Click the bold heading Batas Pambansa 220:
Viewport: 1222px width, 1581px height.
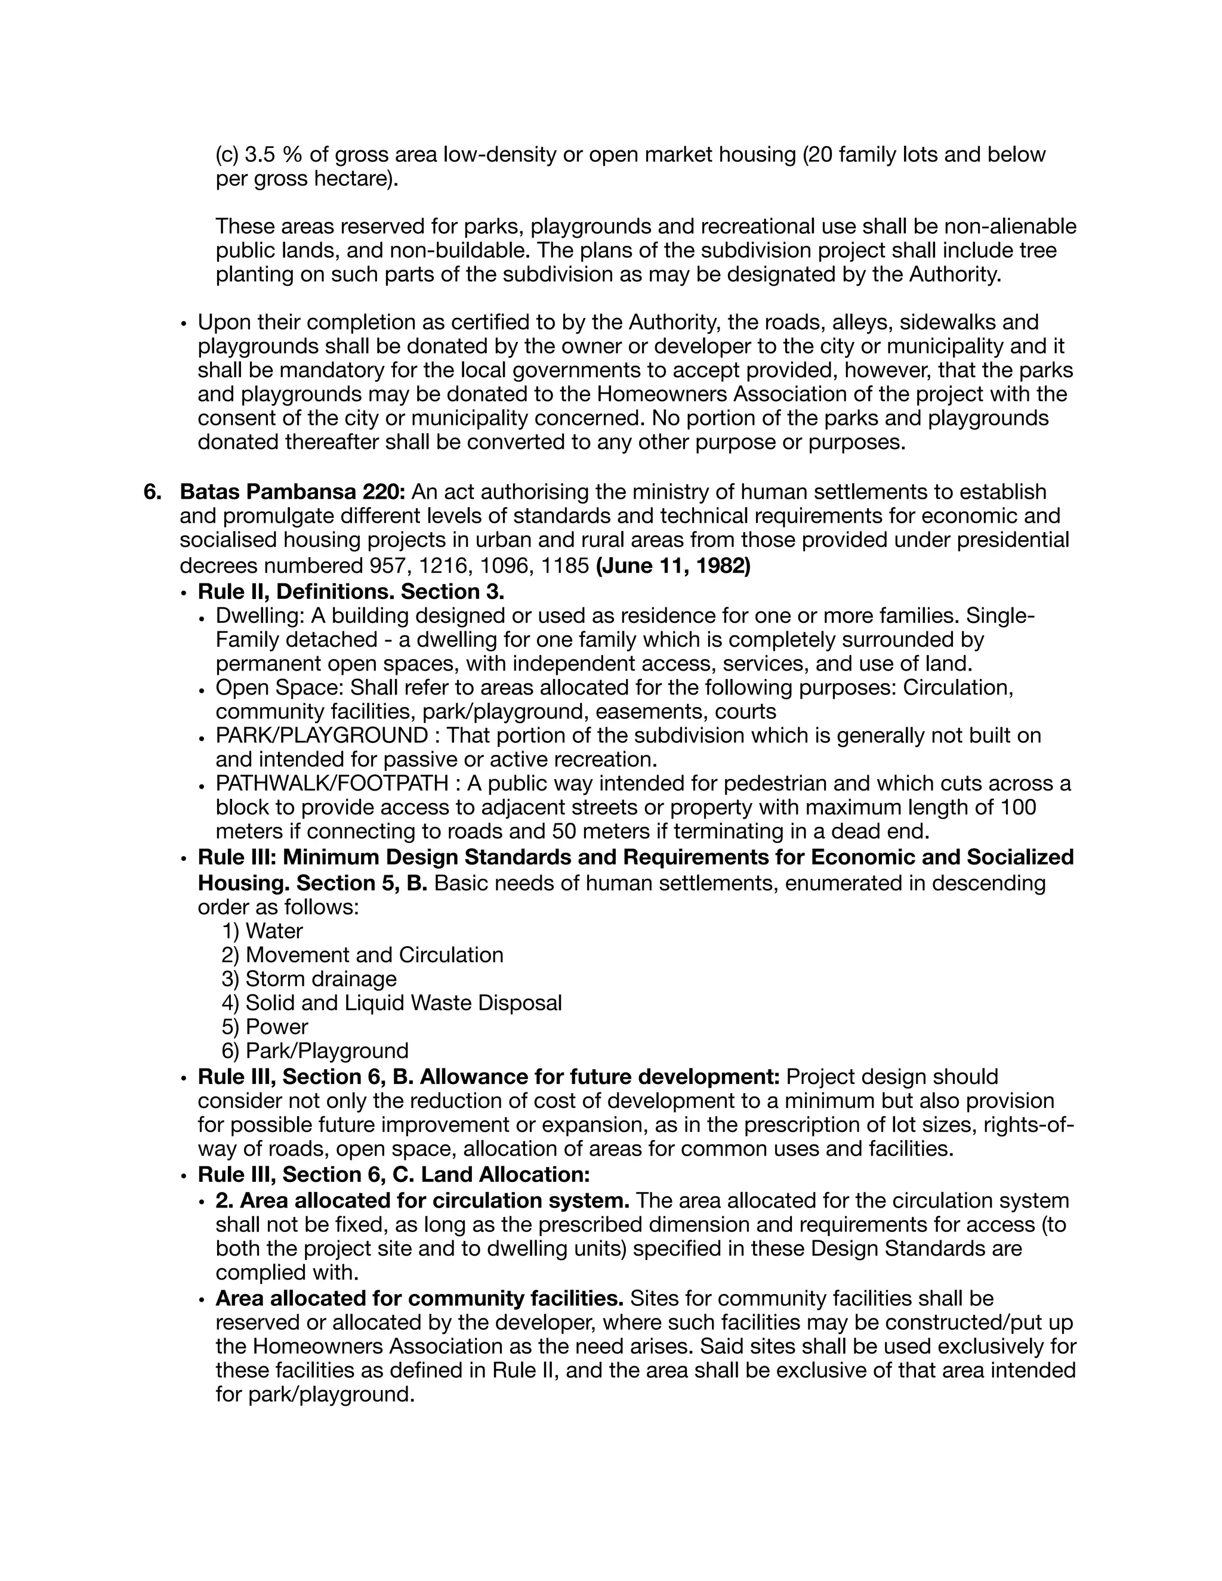[x=292, y=492]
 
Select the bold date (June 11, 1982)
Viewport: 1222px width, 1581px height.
[x=672, y=566]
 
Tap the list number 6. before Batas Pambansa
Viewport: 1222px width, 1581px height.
[x=152, y=492]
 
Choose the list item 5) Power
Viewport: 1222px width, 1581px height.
[x=265, y=1027]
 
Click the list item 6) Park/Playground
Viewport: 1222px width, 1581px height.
[x=315, y=1051]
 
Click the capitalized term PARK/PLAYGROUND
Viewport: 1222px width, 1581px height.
[x=322, y=736]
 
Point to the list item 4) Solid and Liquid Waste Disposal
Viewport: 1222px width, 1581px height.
[x=391, y=1003]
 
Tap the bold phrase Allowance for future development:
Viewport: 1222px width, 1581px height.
[x=600, y=1076]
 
